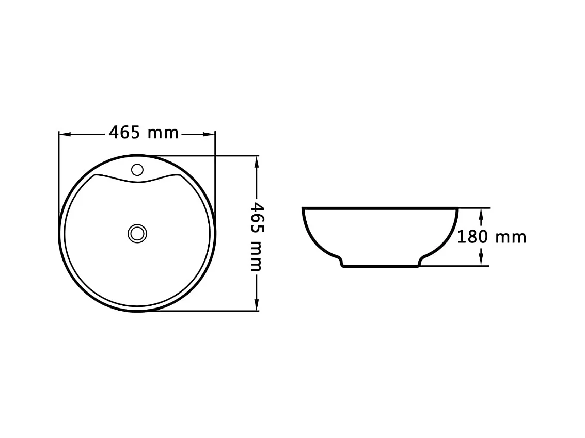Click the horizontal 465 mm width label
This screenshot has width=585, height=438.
[x=144, y=133]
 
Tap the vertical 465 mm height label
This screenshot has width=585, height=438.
[x=257, y=237]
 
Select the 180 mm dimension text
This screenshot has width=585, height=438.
[x=492, y=237]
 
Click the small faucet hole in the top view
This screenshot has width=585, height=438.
[x=137, y=170]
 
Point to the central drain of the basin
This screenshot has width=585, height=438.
[x=137, y=234]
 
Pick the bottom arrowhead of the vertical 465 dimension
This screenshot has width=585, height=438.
[x=256, y=304]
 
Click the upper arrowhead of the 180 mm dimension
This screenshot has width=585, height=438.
[x=481, y=214]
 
